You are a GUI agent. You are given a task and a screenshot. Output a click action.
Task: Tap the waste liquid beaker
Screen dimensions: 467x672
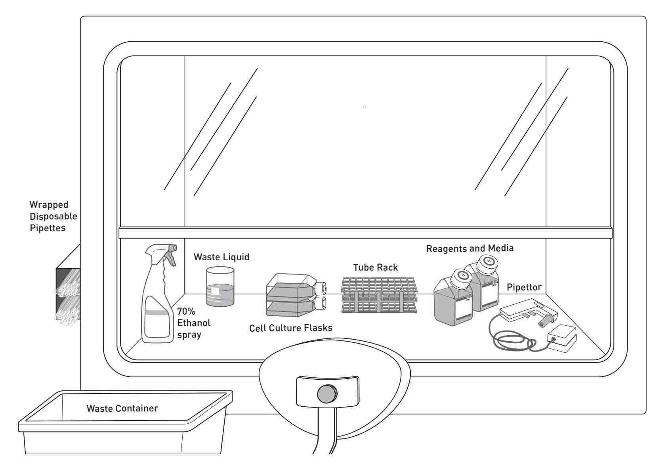[x=220, y=286]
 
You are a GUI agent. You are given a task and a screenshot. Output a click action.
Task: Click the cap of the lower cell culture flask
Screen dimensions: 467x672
[x=320, y=304]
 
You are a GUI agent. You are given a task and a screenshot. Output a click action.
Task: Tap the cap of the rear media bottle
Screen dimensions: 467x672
[x=486, y=262]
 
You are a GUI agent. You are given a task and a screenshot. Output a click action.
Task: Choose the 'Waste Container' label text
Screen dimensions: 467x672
[x=122, y=408]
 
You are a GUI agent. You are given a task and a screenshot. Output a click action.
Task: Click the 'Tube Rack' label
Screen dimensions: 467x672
[x=375, y=268]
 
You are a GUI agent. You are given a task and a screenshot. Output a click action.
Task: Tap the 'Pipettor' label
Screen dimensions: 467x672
[x=524, y=287]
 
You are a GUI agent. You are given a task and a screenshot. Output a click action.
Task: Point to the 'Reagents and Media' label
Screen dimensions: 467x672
[x=470, y=248]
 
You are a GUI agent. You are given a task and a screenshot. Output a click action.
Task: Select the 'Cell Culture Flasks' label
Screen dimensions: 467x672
[x=290, y=328]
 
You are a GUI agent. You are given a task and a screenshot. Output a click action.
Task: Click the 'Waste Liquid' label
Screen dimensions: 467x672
[x=221, y=257]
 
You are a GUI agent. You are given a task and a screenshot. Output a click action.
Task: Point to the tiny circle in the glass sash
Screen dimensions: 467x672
[x=365, y=107]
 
